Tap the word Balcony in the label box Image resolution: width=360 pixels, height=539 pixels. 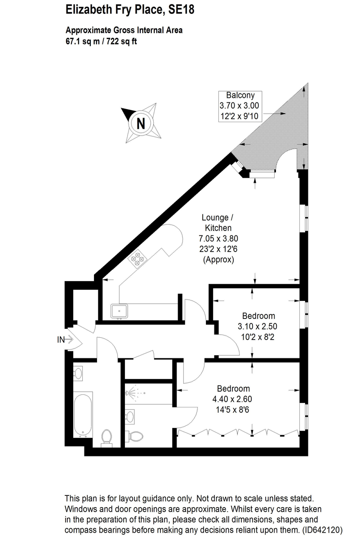coord(240,95)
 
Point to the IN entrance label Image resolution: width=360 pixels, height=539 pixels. coord(61,340)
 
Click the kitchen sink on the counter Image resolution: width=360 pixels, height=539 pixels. coord(120,310)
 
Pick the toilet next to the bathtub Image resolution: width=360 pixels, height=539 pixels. coord(107,437)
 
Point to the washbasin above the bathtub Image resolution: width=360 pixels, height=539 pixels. coord(77,373)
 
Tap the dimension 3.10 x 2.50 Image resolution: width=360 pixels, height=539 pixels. coord(258,326)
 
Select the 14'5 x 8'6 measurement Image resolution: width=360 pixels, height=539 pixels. coord(233,409)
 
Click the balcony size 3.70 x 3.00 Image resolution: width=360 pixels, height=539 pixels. coord(240,106)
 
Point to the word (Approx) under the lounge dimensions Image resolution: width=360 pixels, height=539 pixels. coord(218,260)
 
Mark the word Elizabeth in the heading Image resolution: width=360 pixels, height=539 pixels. coord(85,10)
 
